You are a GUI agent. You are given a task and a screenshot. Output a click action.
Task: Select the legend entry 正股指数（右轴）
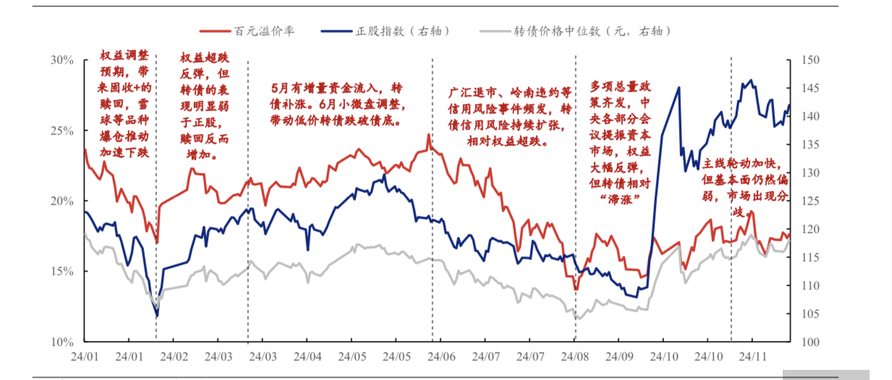(404, 31)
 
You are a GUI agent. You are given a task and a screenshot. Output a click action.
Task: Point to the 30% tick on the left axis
(62, 60)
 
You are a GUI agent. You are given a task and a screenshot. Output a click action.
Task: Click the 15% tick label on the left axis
(62, 271)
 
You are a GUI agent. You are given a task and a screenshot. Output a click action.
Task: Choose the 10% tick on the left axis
(62, 342)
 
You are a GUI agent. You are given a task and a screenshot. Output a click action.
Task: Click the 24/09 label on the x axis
(620, 356)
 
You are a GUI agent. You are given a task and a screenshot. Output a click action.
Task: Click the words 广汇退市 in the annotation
(472, 93)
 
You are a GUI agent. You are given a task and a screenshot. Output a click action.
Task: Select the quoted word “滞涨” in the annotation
(616, 198)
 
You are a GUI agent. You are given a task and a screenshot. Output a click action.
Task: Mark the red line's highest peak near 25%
(428, 135)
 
